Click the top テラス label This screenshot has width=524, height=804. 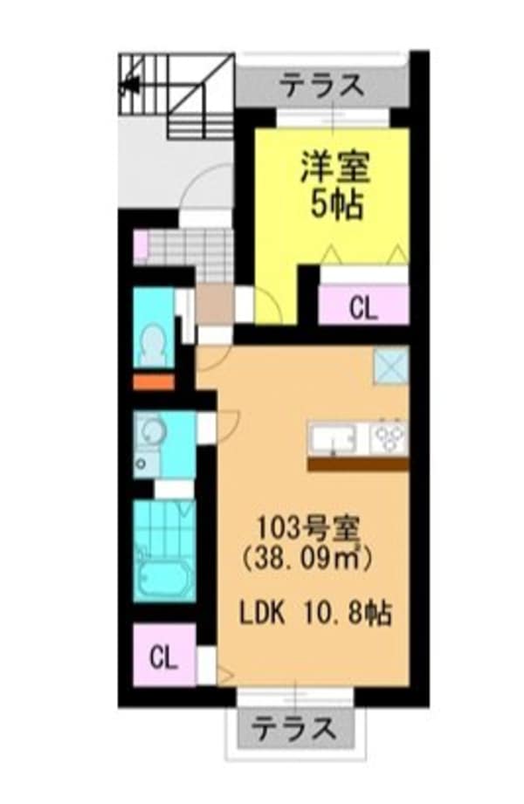324,86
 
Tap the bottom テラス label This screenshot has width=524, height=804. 294,728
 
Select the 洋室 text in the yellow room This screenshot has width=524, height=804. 335,168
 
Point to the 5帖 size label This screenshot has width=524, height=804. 336,206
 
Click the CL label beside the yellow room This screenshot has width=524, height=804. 363,309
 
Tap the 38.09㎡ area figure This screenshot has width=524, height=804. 307,558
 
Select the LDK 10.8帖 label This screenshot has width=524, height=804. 316,613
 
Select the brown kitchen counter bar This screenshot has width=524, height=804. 358,464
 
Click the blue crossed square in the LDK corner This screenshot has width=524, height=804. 390,365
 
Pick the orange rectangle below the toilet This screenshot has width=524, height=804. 154,382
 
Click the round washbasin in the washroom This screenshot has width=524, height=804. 152,430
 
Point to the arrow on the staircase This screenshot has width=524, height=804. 130,84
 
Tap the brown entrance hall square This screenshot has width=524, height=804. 215,304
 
